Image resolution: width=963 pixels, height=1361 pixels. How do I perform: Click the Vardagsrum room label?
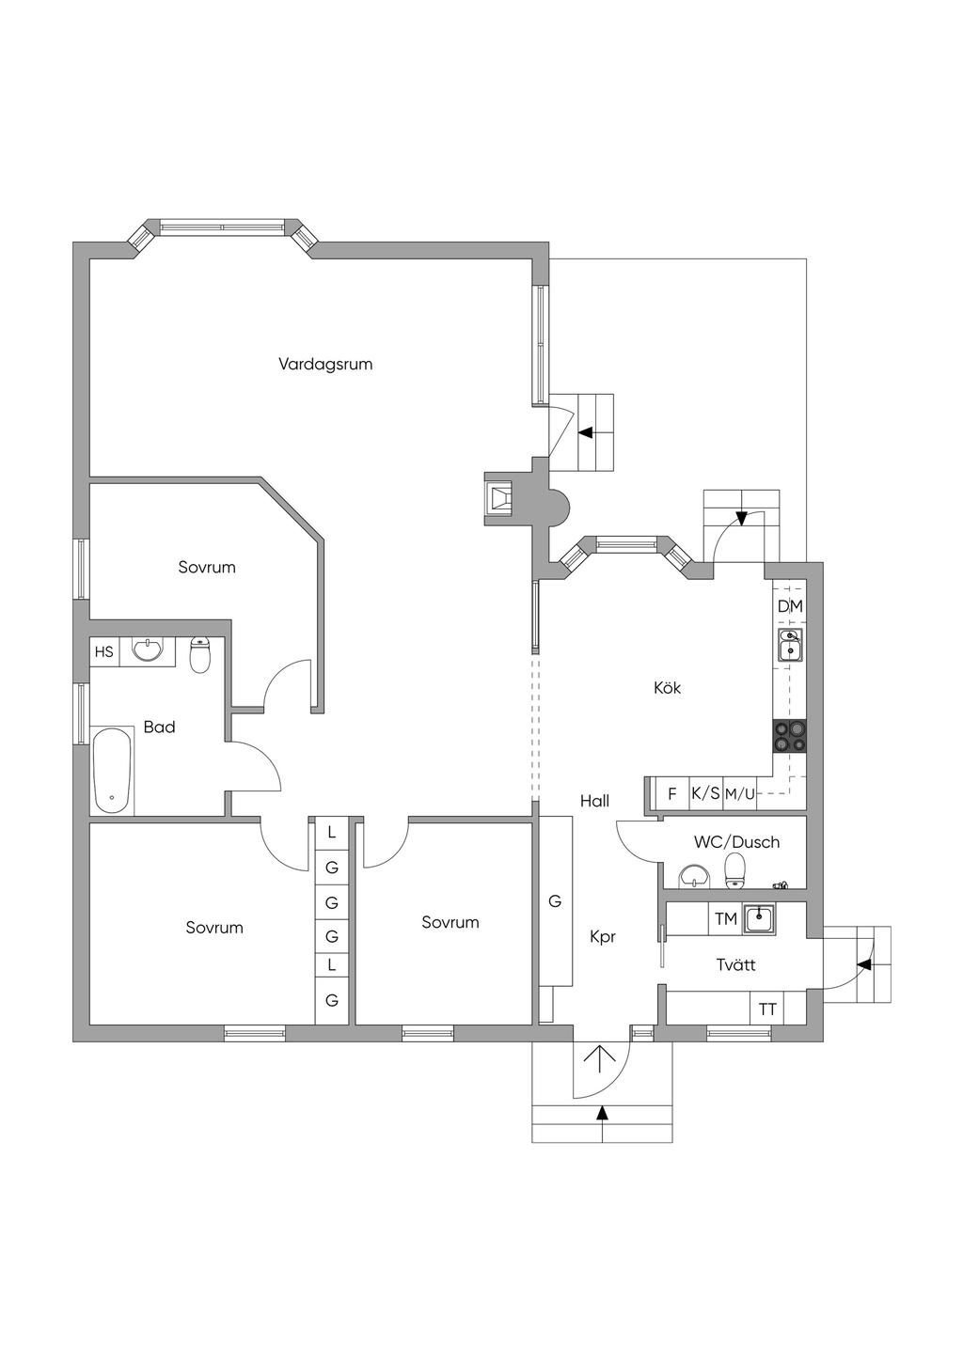(x=325, y=364)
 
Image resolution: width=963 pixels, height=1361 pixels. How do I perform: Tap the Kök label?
(x=667, y=688)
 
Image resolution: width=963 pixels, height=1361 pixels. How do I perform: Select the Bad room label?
(x=159, y=727)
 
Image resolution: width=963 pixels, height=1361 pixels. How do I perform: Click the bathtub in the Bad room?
(x=113, y=771)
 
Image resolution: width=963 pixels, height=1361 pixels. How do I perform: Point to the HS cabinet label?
(x=103, y=651)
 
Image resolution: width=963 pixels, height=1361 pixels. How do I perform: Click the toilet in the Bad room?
(x=199, y=655)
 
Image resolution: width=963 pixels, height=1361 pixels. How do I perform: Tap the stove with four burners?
(x=790, y=735)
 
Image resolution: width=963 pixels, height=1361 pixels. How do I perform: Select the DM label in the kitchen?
(x=790, y=606)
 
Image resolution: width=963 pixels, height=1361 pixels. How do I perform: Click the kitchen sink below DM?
(x=790, y=646)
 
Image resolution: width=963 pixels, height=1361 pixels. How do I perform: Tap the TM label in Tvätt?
(x=725, y=919)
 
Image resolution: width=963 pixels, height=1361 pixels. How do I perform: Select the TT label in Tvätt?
(x=767, y=1009)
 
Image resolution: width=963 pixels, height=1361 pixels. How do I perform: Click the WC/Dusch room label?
(x=736, y=842)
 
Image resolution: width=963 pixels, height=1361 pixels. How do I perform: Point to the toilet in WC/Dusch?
(x=734, y=870)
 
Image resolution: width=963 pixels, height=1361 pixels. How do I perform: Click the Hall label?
(x=594, y=801)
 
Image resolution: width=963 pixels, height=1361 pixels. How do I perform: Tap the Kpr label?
(x=602, y=937)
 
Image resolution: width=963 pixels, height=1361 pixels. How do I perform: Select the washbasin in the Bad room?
(x=147, y=649)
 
